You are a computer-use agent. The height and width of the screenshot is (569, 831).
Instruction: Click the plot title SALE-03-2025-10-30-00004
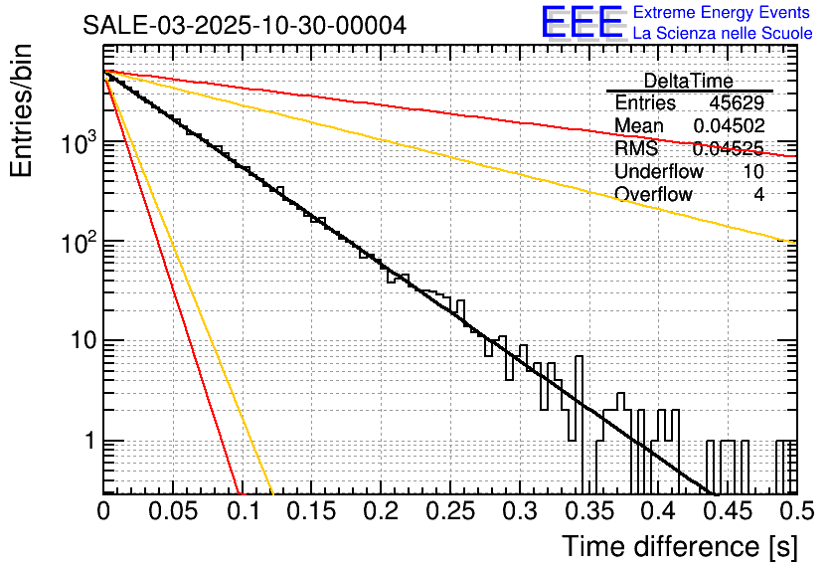click(244, 26)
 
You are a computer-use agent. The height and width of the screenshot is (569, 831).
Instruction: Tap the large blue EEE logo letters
click(582, 23)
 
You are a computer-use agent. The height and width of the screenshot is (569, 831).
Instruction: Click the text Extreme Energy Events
click(723, 13)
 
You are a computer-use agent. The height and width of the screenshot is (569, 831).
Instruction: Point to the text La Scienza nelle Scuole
click(723, 33)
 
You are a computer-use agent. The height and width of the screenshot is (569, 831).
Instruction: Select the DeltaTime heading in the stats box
click(688, 81)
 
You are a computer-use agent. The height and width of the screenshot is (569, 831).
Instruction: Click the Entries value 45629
click(737, 102)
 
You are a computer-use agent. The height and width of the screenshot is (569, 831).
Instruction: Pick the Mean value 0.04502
click(729, 125)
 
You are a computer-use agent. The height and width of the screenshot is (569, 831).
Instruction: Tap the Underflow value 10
click(753, 171)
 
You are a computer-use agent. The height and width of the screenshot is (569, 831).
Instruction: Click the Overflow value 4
click(758, 194)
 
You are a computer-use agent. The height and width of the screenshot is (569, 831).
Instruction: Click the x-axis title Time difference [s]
click(677, 546)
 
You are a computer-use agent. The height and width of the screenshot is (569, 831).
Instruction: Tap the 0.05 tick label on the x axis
click(173, 511)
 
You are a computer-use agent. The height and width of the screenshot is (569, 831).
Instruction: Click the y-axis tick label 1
click(88, 441)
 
